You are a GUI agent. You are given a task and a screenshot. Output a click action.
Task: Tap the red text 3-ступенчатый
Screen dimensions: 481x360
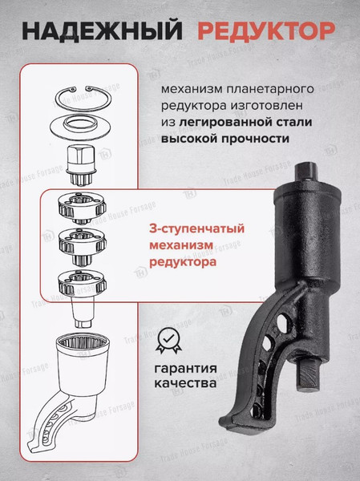pyautogui.click(x=196, y=228)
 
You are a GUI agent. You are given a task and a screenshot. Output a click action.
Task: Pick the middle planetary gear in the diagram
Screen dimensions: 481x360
pyautogui.click(x=83, y=243)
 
